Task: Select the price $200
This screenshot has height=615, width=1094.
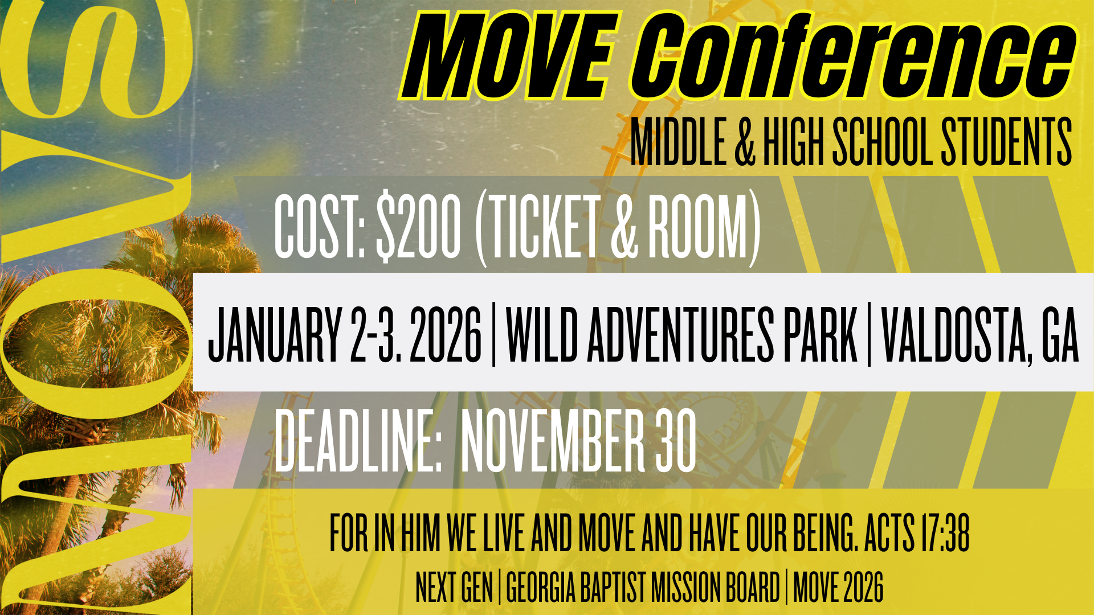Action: tap(419, 226)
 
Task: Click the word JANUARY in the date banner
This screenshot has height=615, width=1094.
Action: tap(274, 334)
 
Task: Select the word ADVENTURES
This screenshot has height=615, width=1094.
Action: tap(680, 334)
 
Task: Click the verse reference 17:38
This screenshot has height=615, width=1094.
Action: tap(944, 534)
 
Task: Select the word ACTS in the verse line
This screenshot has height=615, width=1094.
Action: tap(889, 534)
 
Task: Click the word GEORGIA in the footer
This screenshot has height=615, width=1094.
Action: tap(541, 587)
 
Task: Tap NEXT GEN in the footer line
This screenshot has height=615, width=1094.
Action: tap(454, 587)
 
